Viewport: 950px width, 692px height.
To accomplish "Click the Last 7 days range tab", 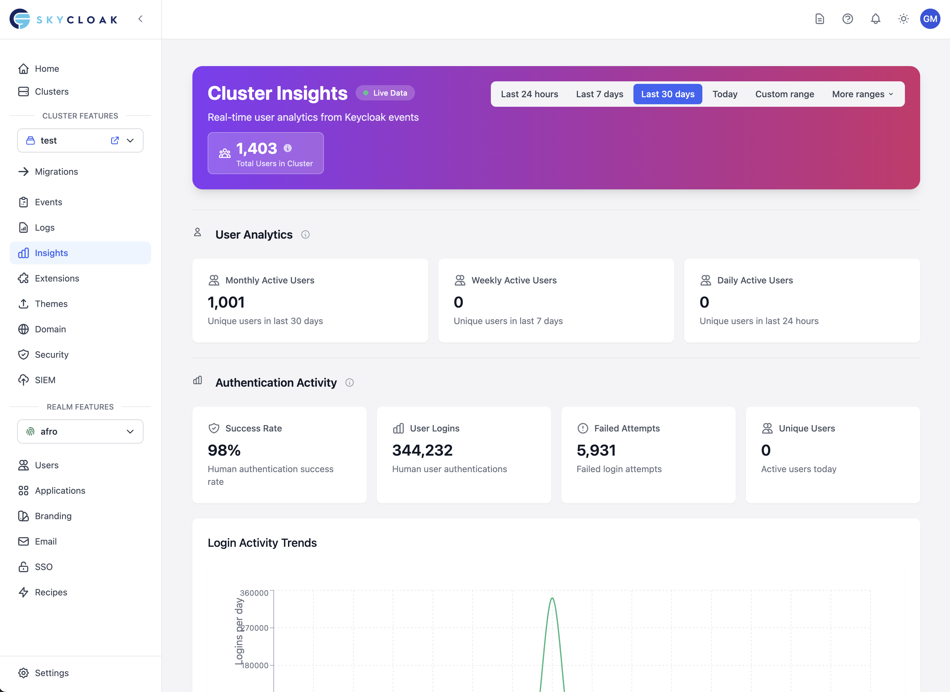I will coord(599,94).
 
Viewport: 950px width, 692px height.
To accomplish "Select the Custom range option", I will coord(784,94).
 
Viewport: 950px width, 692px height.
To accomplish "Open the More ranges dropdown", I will coord(862,94).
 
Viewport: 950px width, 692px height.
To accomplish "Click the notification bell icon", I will coord(875,19).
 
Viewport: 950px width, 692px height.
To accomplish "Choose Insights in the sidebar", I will coord(51,253).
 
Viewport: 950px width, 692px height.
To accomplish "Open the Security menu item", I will coord(51,355).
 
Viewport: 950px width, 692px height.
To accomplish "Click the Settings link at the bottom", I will coord(51,673).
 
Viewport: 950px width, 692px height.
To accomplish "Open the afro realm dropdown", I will coord(80,431).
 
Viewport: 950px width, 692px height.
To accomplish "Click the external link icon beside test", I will coord(115,140).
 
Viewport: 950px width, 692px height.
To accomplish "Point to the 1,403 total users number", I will coord(256,148).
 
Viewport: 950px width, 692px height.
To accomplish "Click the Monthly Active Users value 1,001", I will coord(226,302).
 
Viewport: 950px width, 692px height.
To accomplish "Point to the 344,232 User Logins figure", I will coord(422,450).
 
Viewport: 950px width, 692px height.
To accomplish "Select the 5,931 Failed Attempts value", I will coord(596,450).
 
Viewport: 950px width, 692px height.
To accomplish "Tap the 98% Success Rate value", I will coord(224,450).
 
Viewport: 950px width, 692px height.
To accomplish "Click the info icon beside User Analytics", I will coord(305,235).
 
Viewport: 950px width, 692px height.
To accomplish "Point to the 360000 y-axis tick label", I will coord(254,593).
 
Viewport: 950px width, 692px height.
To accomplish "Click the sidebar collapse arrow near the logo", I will coord(140,19).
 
